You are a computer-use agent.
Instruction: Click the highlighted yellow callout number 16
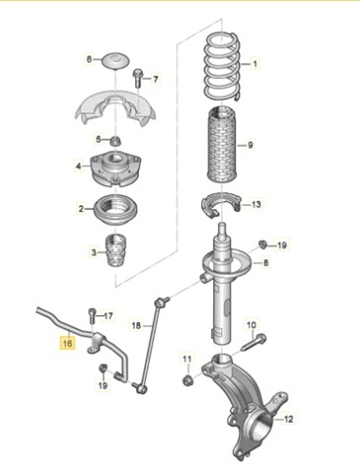coord(67,343)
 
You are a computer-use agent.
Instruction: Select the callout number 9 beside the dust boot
coord(250,145)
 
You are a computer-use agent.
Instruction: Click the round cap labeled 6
coord(115,61)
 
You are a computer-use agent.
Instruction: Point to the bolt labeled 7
coord(137,78)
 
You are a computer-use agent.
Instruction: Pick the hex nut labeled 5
coord(115,141)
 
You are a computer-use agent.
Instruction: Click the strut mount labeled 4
coord(115,169)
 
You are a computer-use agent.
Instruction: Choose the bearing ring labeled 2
coord(116,211)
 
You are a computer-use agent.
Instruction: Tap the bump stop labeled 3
coord(115,251)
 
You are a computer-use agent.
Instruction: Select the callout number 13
coord(256,204)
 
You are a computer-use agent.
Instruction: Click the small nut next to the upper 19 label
coord(262,244)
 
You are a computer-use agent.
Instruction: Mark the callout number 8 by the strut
coord(265,263)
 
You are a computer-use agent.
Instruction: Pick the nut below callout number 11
coord(187,380)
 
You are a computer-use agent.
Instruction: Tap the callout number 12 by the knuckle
coord(288,419)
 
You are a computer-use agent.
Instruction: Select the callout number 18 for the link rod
coord(136,326)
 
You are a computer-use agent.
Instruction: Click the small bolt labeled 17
coord(92,316)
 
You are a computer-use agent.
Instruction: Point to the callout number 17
coord(108,316)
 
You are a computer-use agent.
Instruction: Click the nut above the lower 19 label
coord(103,368)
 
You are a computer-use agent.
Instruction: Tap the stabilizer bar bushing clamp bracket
coord(96,344)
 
